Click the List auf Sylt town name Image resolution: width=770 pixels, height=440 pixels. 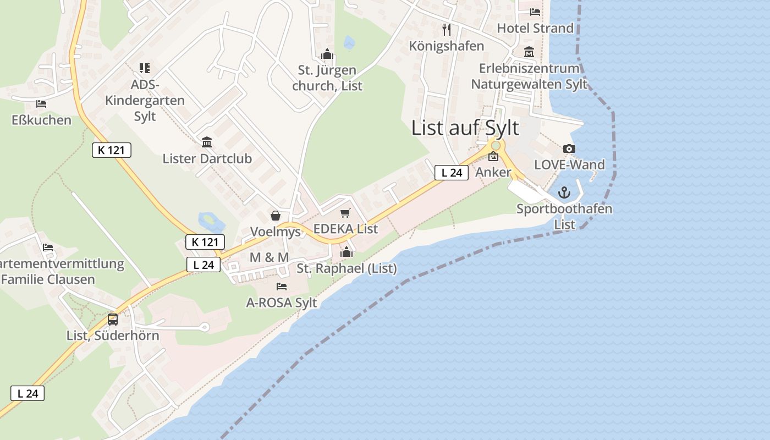(x=465, y=128)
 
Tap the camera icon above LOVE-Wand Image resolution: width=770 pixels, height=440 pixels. (x=569, y=148)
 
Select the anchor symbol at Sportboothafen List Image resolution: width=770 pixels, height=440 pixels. (x=564, y=193)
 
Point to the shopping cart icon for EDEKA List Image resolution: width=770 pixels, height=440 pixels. (x=345, y=213)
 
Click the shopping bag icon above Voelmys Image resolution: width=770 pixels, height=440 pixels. (x=276, y=216)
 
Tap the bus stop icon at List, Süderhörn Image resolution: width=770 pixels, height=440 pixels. (x=113, y=319)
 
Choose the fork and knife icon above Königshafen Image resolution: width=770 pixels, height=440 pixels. (x=447, y=29)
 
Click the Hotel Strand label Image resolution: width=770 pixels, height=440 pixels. (x=535, y=28)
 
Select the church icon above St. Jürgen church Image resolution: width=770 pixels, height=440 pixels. (x=327, y=54)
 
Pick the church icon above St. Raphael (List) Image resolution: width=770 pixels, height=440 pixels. (x=346, y=252)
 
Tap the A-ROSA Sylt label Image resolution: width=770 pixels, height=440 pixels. (x=282, y=302)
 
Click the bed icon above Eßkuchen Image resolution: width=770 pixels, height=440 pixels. (x=41, y=103)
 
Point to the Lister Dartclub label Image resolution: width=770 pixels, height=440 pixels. (x=207, y=158)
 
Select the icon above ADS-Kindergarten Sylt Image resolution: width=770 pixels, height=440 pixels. (x=145, y=68)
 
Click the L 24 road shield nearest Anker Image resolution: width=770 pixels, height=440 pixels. (x=452, y=173)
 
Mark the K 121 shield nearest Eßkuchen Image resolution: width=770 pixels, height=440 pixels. (x=112, y=150)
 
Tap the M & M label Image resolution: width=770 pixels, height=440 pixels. (x=269, y=257)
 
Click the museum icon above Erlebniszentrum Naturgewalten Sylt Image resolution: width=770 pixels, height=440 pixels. (x=529, y=52)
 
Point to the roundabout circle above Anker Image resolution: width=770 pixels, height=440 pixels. (x=496, y=145)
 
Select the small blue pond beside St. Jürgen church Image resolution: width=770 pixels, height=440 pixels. (x=349, y=42)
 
